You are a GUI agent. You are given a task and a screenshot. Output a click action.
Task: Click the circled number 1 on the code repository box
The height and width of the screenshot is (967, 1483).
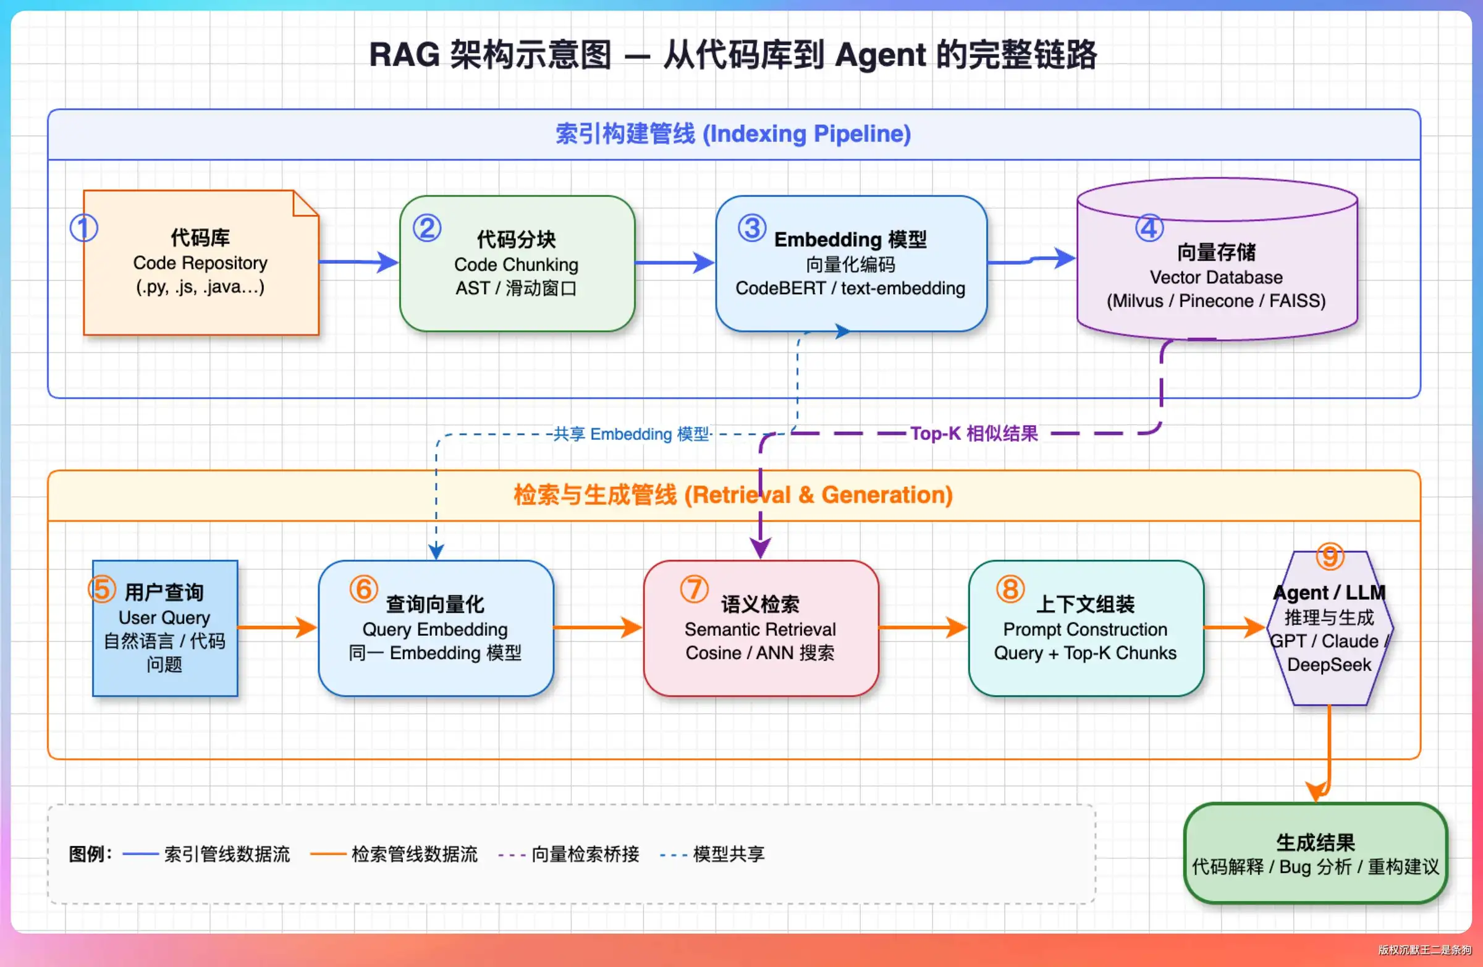pyautogui.click(x=83, y=228)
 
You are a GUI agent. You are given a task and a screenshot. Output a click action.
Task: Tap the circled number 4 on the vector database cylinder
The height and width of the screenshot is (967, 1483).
pyautogui.click(x=1149, y=228)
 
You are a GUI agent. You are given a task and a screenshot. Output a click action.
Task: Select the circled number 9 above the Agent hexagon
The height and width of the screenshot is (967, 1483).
pyautogui.click(x=1330, y=556)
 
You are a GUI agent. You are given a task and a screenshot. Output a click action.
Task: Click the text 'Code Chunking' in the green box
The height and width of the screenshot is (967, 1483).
pyautogui.click(x=516, y=265)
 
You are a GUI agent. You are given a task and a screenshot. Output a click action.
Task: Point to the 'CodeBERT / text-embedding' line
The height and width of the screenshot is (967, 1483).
pyautogui.click(x=850, y=289)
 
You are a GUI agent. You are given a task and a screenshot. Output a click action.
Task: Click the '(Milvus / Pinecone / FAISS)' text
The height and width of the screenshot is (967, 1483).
pyautogui.click(x=1215, y=301)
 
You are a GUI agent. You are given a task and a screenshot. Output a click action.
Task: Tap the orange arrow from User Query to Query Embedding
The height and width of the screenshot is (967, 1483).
pyautogui.click(x=278, y=627)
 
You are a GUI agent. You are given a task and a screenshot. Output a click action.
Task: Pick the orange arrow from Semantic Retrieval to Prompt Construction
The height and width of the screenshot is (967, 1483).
pyautogui.click(x=923, y=627)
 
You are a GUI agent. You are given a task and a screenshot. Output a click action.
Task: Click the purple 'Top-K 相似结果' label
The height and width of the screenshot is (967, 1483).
pyautogui.click(x=974, y=433)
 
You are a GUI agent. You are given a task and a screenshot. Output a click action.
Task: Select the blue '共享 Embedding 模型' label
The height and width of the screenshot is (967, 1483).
pyautogui.click(x=632, y=434)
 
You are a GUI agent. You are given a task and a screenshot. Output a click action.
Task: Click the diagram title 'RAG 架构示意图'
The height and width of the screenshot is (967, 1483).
pyautogui.click(x=491, y=55)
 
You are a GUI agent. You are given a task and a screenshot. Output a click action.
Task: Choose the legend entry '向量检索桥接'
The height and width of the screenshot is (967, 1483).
pyautogui.click(x=585, y=853)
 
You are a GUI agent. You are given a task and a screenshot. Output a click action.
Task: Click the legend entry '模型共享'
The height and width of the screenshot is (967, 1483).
pyautogui.click(x=729, y=853)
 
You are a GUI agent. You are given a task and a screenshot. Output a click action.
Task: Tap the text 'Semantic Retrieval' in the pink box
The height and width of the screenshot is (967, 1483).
pyautogui.click(x=760, y=629)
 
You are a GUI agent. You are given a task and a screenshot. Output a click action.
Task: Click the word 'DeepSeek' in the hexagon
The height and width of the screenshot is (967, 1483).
pyautogui.click(x=1329, y=665)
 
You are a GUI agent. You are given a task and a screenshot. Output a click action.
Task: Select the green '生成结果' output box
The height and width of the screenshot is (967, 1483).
pyautogui.click(x=1316, y=853)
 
